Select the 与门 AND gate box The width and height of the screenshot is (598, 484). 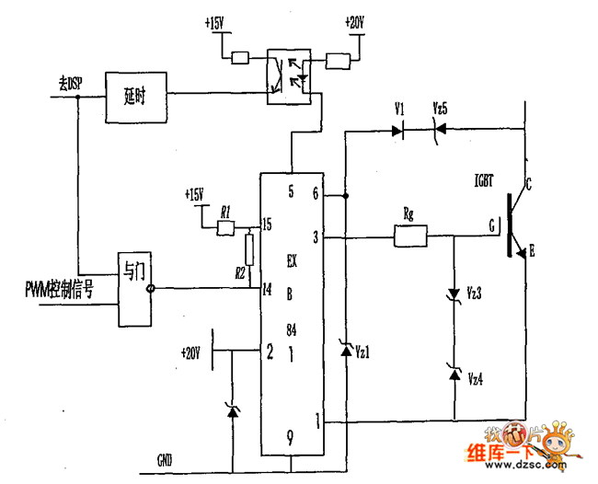click(134, 287)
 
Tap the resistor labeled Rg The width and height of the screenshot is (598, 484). click(410, 237)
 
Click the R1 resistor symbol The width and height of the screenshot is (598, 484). click(225, 226)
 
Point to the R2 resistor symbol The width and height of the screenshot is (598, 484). click(249, 248)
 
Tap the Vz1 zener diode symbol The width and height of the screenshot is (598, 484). click(346, 351)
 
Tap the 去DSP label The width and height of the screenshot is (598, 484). click(63, 83)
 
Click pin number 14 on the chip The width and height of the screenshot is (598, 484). click(266, 289)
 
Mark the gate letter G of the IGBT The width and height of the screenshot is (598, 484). click(491, 224)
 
